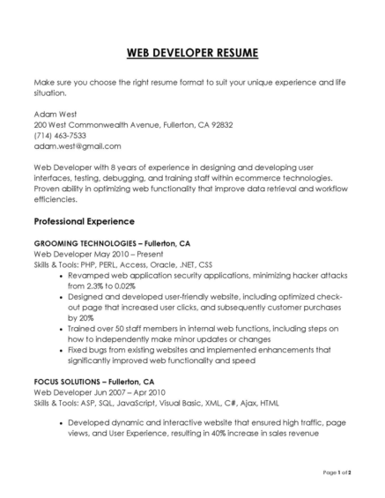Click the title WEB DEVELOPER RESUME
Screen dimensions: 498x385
tap(192, 54)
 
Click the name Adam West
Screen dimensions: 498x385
tap(54, 114)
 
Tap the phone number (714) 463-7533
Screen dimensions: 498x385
tap(60, 136)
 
